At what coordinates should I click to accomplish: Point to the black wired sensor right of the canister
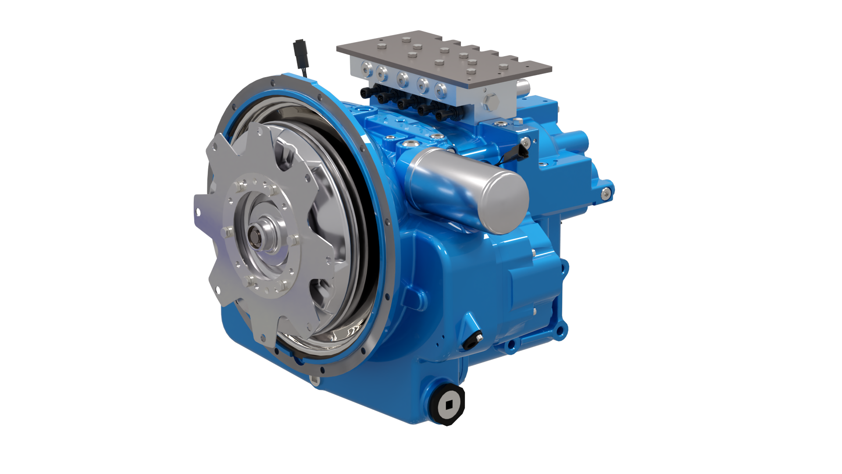tap(523, 150)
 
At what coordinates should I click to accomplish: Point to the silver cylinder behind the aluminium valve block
tap(522, 86)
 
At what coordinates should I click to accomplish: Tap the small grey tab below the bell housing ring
tap(314, 381)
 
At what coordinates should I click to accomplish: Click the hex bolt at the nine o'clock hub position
tap(226, 233)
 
